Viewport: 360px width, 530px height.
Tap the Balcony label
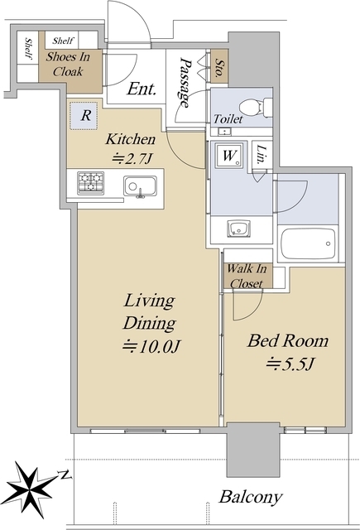coord(250,498)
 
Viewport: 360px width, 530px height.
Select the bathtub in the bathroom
coord(308,244)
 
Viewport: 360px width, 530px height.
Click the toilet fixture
coord(252,105)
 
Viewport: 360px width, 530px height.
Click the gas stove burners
coord(91,182)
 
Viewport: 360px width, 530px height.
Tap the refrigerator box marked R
coord(86,116)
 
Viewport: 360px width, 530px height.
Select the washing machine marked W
coord(228,155)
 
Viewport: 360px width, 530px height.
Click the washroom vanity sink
coord(240,228)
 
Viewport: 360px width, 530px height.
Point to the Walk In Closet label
coord(245,276)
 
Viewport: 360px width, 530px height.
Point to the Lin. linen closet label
coord(261,153)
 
